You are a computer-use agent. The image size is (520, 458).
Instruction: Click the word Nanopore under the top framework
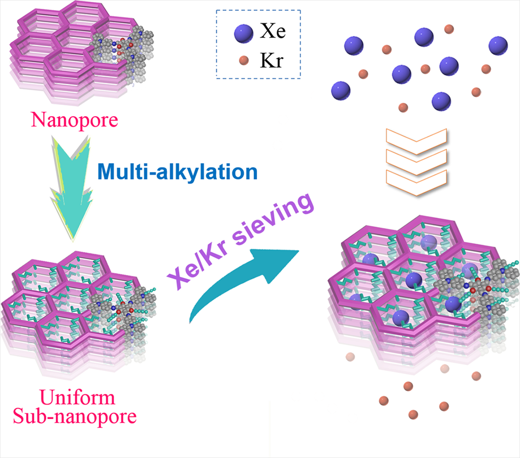point(75,120)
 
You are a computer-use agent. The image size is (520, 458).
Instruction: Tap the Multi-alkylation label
point(178,172)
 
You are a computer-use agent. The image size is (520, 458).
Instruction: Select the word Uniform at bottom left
point(78,397)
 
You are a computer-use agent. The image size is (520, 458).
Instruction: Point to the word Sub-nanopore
point(75,416)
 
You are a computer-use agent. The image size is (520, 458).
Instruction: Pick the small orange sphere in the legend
point(244,60)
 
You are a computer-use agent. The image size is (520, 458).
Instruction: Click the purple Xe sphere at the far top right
point(498,45)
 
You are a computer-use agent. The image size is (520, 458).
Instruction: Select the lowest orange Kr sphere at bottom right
point(413,414)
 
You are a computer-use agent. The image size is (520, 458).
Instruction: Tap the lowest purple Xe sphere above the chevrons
point(441,101)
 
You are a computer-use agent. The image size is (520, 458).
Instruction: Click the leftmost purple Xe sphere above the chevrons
point(341,91)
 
